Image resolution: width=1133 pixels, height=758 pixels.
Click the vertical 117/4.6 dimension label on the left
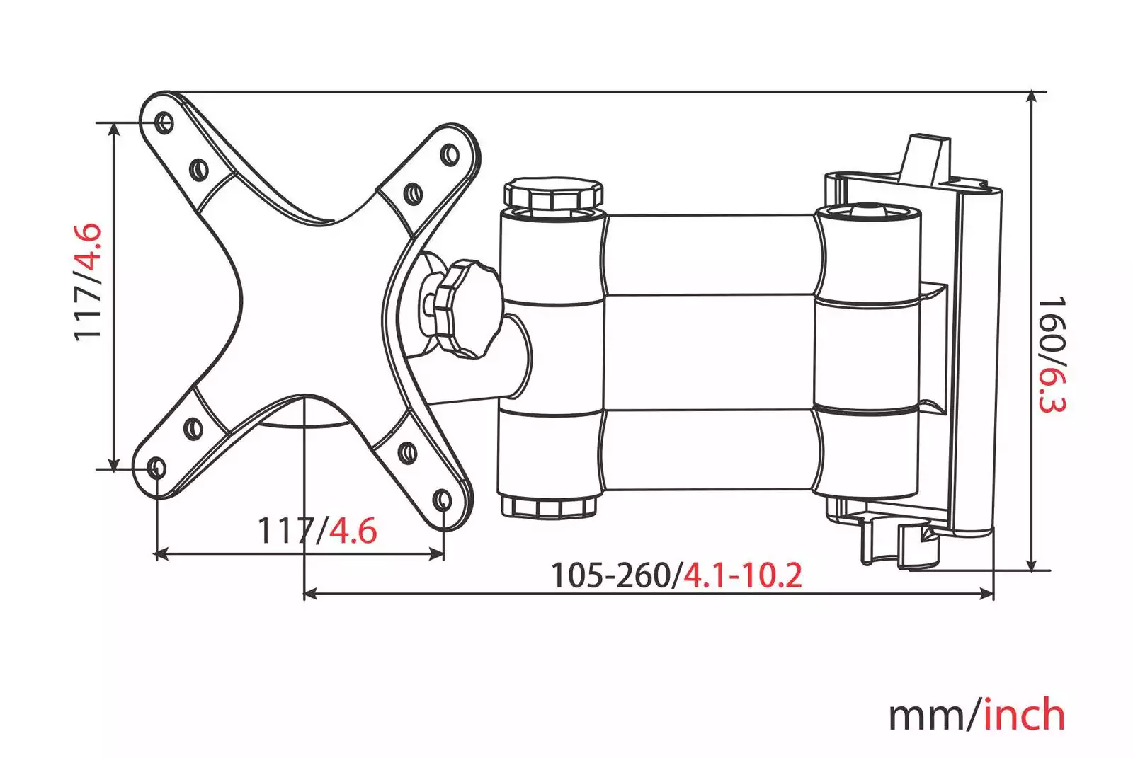coord(88,282)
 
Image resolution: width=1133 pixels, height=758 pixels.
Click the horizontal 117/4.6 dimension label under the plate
coord(318,530)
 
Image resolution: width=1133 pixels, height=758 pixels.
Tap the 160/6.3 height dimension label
coord(1052,355)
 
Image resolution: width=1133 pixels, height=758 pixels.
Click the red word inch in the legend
coord(1025,715)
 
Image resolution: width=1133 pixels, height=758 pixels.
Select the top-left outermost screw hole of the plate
coord(164,122)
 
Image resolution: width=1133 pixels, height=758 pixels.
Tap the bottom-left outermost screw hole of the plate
coord(156,468)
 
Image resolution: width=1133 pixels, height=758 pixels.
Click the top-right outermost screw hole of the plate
coord(449,154)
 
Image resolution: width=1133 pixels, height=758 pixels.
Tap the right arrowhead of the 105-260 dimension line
coord(986,594)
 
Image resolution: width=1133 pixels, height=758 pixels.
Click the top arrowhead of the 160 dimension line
coord(1032,98)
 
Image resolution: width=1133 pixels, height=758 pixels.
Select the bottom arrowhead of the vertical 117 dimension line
coord(114,464)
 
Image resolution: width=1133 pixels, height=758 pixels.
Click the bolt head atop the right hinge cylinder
coord(868,209)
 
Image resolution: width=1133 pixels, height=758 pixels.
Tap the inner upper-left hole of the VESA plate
coord(199,169)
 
